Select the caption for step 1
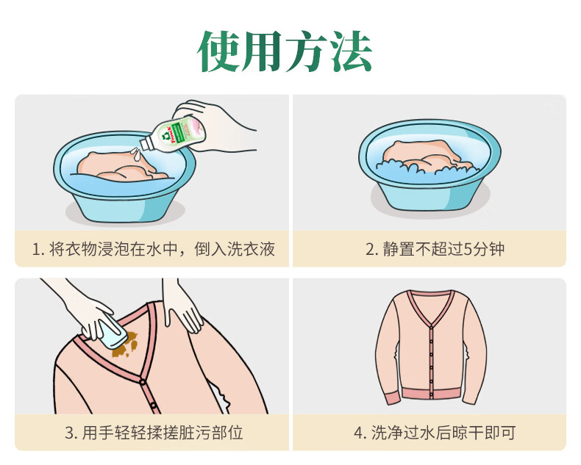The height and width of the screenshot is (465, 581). point(153,249)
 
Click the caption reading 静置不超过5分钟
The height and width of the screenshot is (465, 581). point(435,249)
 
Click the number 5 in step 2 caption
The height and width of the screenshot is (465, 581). point(471,249)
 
